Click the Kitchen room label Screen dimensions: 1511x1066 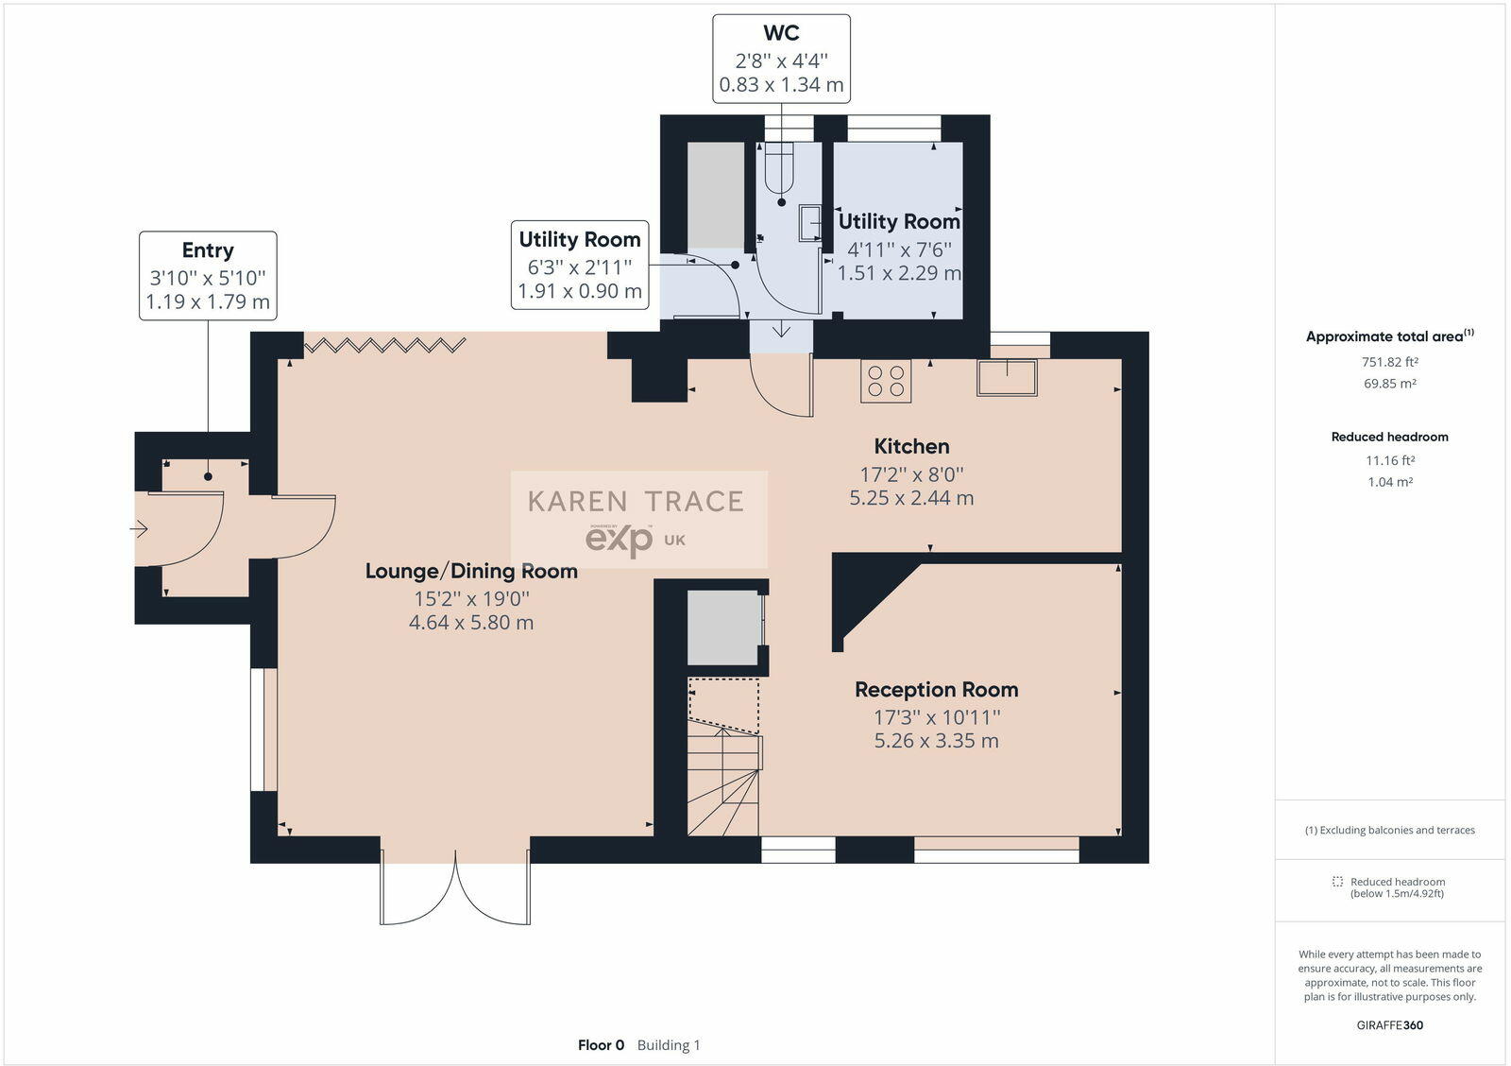(x=911, y=446)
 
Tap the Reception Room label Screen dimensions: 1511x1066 (x=936, y=689)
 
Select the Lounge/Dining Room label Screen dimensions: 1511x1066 (x=471, y=571)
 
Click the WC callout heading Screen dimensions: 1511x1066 (x=781, y=33)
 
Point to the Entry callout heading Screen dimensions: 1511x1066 (x=208, y=250)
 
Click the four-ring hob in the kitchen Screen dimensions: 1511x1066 (x=886, y=382)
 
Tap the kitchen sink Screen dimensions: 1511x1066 (x=1007, y=377)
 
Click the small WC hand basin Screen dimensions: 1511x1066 (x=810, y=223)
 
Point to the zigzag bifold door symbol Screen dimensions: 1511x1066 (x=385, y=346)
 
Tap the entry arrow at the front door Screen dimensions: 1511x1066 (x=139, y=528)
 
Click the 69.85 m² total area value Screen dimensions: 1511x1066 (x=1389, y=384)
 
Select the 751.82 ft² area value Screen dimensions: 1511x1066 (x=1389, y=362)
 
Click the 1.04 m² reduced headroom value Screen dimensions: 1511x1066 (x=1389, y=482)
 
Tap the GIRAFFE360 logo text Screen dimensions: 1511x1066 (x=1389, y=1024)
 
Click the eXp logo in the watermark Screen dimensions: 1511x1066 (x=620, y=540)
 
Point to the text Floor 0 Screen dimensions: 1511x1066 (x=601, y=1045)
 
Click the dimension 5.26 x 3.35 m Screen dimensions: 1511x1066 (x=936, y=741)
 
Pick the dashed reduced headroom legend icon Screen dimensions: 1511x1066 (x=1337, y=882)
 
